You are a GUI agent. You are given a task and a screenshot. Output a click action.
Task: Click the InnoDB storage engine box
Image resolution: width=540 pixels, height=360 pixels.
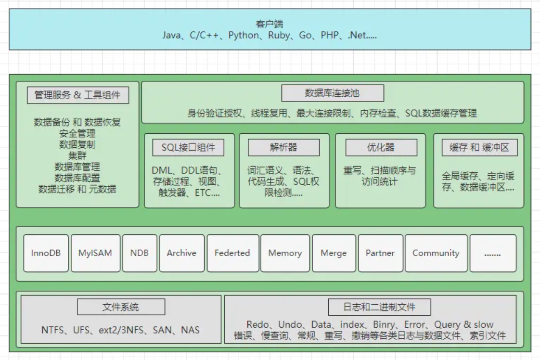(x=46, y=253)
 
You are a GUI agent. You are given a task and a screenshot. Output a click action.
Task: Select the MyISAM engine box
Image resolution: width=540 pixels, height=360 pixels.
(x=95, y=253)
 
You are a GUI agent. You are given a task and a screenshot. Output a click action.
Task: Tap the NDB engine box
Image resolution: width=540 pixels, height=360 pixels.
(x=140, y=253)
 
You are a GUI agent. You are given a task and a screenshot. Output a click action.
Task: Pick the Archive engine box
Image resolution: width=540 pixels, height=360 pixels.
(x=181, y=253)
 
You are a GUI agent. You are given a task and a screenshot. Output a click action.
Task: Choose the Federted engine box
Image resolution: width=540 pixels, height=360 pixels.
(x=232, y=253)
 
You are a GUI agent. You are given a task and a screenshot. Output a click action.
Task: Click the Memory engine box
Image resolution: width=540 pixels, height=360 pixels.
(x=285, y=253)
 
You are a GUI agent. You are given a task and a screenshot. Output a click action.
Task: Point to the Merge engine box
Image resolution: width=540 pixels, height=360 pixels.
(x=334, y=253)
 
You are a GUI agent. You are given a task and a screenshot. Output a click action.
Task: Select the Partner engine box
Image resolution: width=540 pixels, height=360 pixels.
(x=380, y=253)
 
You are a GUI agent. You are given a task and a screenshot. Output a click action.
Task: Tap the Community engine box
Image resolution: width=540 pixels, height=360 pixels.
(x=436, y=253)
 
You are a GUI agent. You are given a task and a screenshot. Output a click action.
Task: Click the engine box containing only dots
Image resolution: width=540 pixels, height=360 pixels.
(x=493, y=253)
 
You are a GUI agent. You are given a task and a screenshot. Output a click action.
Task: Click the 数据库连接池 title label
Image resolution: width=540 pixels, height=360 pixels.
(x=332, y=93)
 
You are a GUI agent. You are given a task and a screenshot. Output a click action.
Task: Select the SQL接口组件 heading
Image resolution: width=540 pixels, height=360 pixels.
(x=189, y=148)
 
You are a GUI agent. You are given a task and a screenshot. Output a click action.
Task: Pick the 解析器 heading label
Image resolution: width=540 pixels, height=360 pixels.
(x=283, y=148)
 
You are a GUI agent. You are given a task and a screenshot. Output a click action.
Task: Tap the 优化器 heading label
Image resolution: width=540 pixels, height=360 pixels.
(x=380, y=148)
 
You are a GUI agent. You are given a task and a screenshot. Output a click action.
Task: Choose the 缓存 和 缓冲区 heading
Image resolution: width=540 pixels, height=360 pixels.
(x=479, y=148)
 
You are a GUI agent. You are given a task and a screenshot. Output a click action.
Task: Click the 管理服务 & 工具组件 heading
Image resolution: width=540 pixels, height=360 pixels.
(x=77, y=95)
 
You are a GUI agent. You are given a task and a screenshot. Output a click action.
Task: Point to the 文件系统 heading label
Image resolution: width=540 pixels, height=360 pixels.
(x=121, y=307)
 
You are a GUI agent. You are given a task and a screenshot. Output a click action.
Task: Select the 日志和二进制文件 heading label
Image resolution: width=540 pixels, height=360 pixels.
(x=380, y=307)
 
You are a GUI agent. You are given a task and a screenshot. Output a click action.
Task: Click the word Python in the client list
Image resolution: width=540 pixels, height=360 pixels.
(x=243, y=36)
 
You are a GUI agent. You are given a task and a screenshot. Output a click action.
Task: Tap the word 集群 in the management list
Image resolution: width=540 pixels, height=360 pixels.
(x=77, y=155)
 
